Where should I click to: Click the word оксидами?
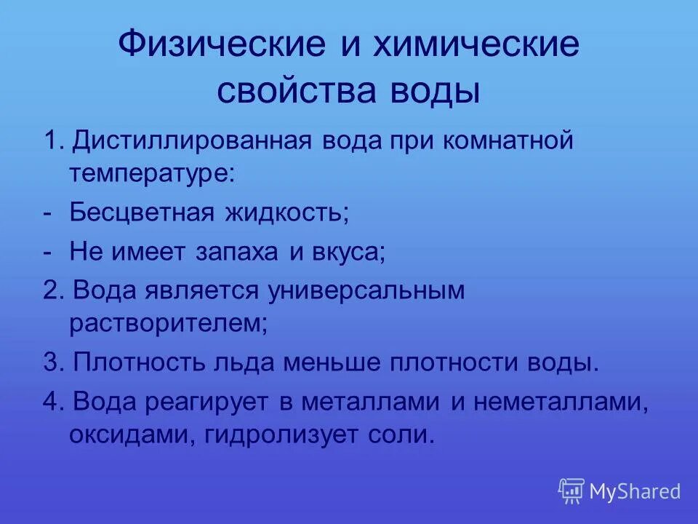(132, 434)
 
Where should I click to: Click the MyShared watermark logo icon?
(571, 491)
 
